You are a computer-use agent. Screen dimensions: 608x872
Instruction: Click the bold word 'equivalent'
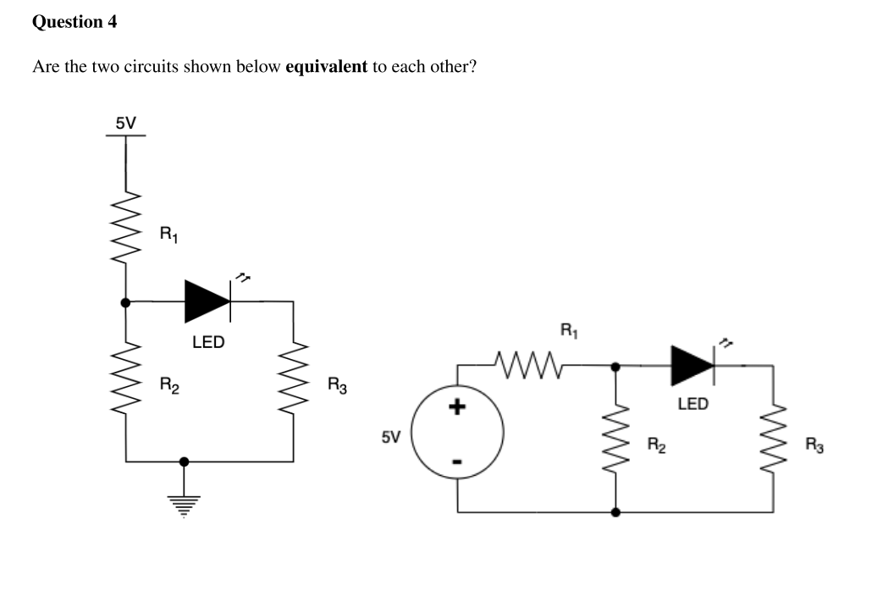[x=327, y=67]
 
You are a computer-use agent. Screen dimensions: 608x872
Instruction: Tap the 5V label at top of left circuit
[x=125, y=123]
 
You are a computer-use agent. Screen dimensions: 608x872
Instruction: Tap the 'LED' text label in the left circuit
[x=208, y=342]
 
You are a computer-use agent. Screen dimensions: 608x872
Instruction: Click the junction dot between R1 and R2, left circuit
[x=126, y=301]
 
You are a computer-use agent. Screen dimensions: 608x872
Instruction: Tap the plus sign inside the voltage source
[x=457, y=409]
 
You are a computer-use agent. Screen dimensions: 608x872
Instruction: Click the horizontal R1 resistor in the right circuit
[x=527, y=365]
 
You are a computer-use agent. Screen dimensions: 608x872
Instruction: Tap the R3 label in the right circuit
[x=814, y=444]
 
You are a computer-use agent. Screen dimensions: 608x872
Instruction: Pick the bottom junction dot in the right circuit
[x=615, y=512]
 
